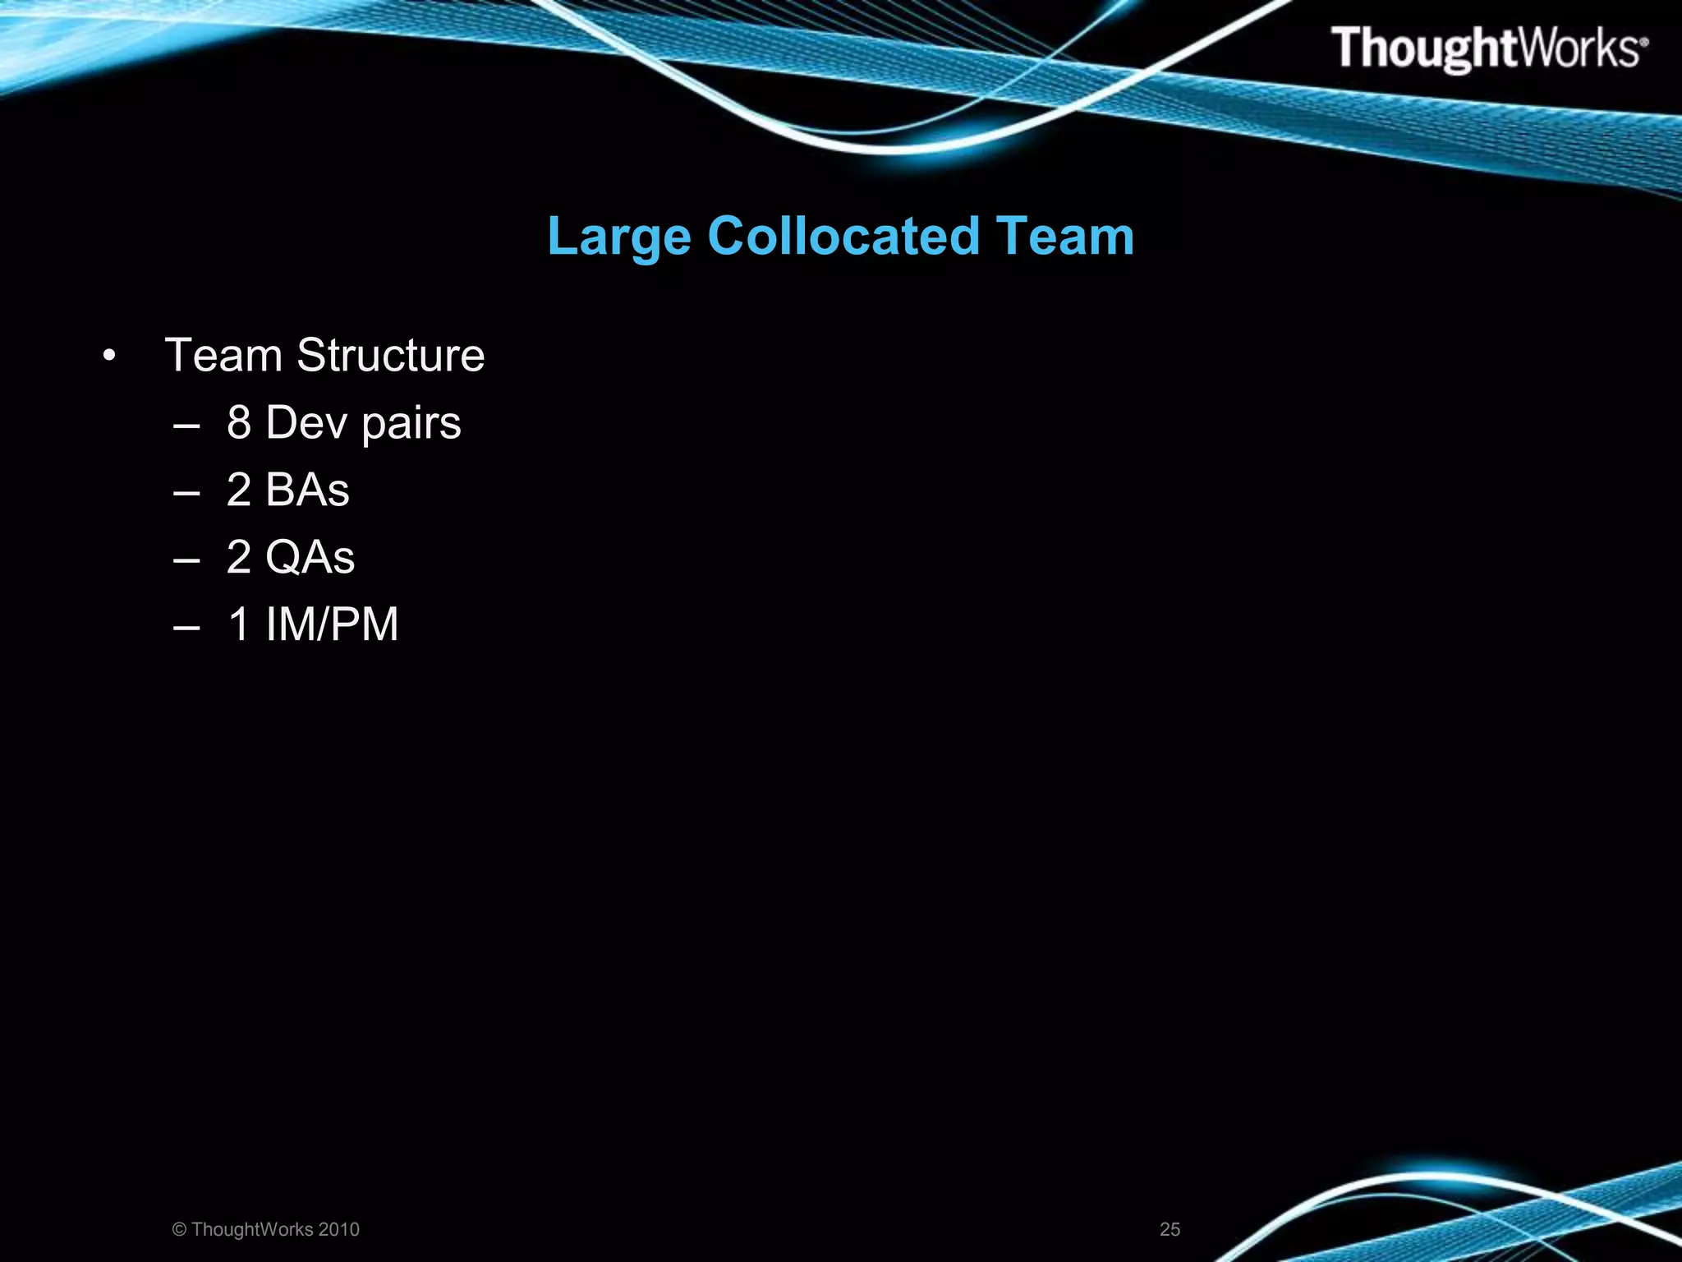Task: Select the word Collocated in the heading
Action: (x=843, y=236)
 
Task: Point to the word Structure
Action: (x=390, y=355)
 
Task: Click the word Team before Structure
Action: (x=223, y=355)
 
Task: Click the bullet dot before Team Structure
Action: (x=109, y=357)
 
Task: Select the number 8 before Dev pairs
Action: (x=238, y=422)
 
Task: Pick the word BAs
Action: (x=307, y=490)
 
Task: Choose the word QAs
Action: (x=310, y=557)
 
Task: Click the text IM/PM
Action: (x=332, y=624)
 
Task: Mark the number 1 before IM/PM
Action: (x=239, y=624)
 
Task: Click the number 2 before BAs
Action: (x=238, y=490)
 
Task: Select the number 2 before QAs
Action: (x=238, y=557)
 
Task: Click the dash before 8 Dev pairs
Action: (x=187, y=426)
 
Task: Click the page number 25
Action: (x=1170, y=1229)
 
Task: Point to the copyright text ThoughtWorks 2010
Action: (x=266, y=1229)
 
